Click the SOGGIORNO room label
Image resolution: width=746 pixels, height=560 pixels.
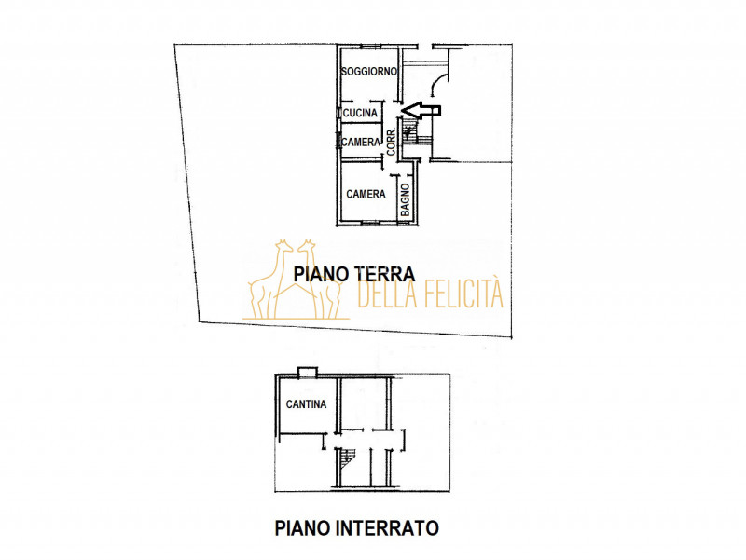point(369,72)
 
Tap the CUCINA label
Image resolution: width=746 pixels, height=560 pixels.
point(360,114)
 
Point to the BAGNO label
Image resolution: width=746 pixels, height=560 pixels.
point(406,199)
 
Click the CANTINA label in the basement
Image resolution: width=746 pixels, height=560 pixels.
point(306,404)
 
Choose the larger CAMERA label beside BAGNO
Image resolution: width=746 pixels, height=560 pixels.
point(366,195)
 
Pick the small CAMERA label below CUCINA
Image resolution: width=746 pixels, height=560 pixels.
point(360,143)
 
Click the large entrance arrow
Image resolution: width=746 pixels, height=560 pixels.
point(421,110)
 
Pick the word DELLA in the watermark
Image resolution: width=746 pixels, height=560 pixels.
point(384,294)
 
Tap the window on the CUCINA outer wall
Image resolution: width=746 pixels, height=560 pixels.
point(339,114)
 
